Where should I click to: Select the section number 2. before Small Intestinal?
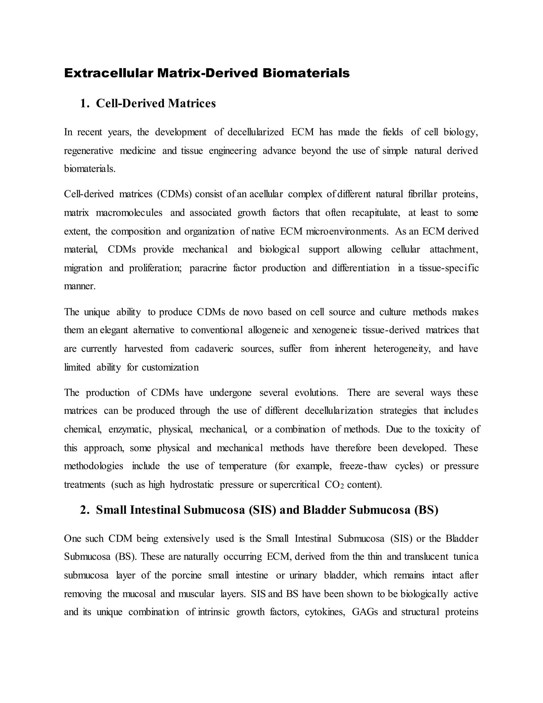85,510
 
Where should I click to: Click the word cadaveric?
214,349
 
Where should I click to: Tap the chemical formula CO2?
334,485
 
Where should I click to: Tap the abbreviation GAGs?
365,612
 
